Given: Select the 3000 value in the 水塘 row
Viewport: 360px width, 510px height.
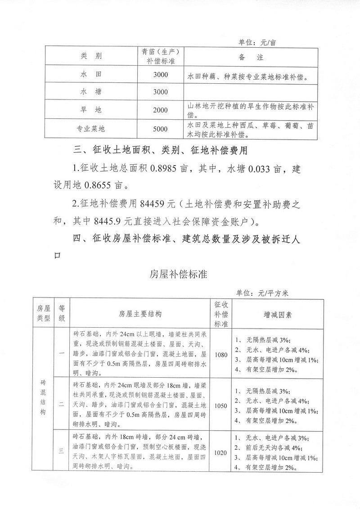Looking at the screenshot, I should point(160,92).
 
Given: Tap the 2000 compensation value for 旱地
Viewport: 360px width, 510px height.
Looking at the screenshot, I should point(160,110).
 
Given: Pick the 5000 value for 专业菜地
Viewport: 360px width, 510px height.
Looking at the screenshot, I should point(160,129).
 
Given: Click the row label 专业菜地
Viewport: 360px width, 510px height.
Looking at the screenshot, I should point(90,129).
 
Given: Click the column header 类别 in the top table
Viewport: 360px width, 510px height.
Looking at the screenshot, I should point(91,57).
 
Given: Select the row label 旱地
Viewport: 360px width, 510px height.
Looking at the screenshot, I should point(91,110).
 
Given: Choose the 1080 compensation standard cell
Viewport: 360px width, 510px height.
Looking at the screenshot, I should point(221,355).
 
